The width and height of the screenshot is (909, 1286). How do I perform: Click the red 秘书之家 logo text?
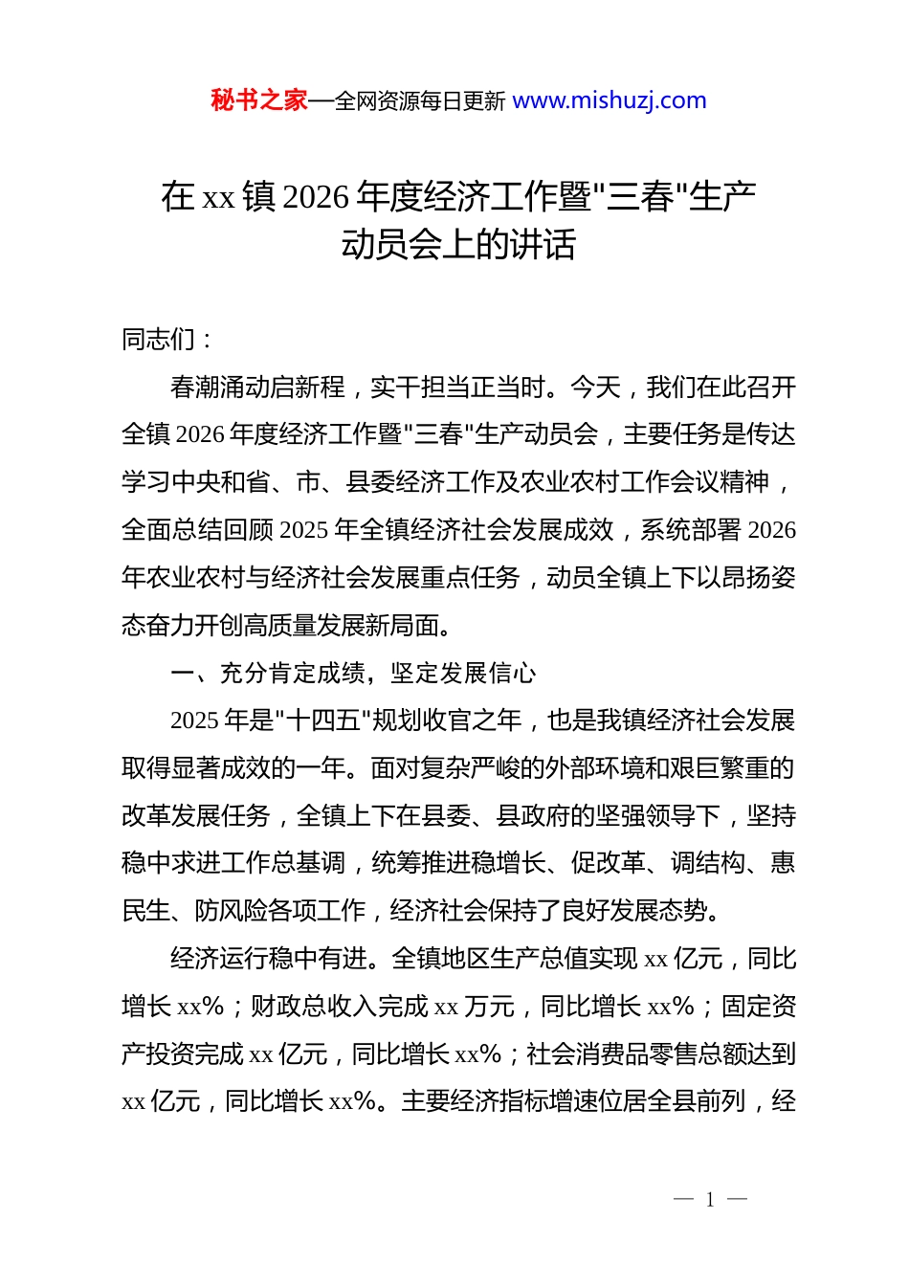coord(259,100)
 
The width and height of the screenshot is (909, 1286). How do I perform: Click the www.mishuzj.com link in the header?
coord(610,100)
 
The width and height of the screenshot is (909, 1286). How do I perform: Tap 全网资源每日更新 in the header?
coord(420,101)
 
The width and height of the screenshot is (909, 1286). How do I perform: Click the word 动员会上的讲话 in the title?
coord(458,245)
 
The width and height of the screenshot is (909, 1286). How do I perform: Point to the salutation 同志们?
coord(159,340)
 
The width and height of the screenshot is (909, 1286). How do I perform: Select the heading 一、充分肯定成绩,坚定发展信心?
coord(353,674)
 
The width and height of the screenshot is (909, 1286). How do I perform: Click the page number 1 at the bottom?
coord(710,1200)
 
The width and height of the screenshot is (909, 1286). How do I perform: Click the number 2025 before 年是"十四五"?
coord(195,721)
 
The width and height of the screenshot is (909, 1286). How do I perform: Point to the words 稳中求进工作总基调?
coord(233,863)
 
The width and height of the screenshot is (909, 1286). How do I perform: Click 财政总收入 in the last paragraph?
coord(313,1007)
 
